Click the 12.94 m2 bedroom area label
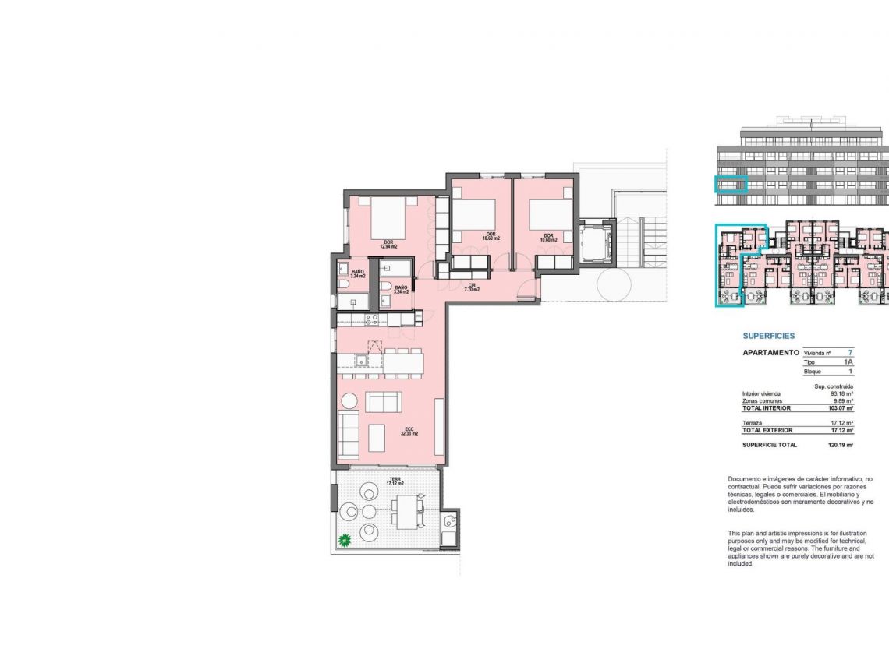point(388,245)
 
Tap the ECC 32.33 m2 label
point(411,431)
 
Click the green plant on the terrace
point(343,539)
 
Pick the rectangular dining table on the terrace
point(406,512)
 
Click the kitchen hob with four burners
point(372,319)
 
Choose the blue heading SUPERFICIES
point(769,336)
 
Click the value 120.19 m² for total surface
point(841,445)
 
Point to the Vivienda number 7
point(850,353)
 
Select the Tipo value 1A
point(848,363)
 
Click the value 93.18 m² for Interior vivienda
point(841,393)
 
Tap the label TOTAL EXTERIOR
point(767,430)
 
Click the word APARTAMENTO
point(770,353)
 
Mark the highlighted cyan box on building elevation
point(731,185)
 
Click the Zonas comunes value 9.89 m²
point(842,401)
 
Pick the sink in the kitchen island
point(361,360)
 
